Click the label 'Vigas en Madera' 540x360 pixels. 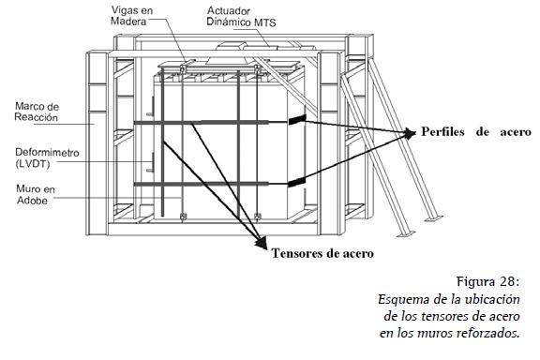click(x=131, y=16)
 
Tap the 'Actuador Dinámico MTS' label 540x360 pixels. click(x=241, y=17)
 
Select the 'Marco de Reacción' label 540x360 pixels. click(x=37, y=112)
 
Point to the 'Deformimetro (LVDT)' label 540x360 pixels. click(x=47, y=157)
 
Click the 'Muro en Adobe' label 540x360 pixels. click(x=35, y=194)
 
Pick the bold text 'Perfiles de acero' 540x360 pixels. click(x=476, y=132)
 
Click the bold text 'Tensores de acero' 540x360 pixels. click(x=322, y=253)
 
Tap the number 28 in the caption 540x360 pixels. click(x=507, y=281)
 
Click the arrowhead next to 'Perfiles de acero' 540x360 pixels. click(x=410, y=132)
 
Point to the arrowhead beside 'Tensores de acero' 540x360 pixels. click(x=262, y=243)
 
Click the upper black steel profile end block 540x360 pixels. click(x=297, y=120)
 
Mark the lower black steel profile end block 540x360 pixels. click(x=296, y=183)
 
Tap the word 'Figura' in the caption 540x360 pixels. click(x=475, y=282)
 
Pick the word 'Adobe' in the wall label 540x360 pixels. click(x=33, y=200)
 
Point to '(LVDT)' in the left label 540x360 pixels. click(x=33, y=164)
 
